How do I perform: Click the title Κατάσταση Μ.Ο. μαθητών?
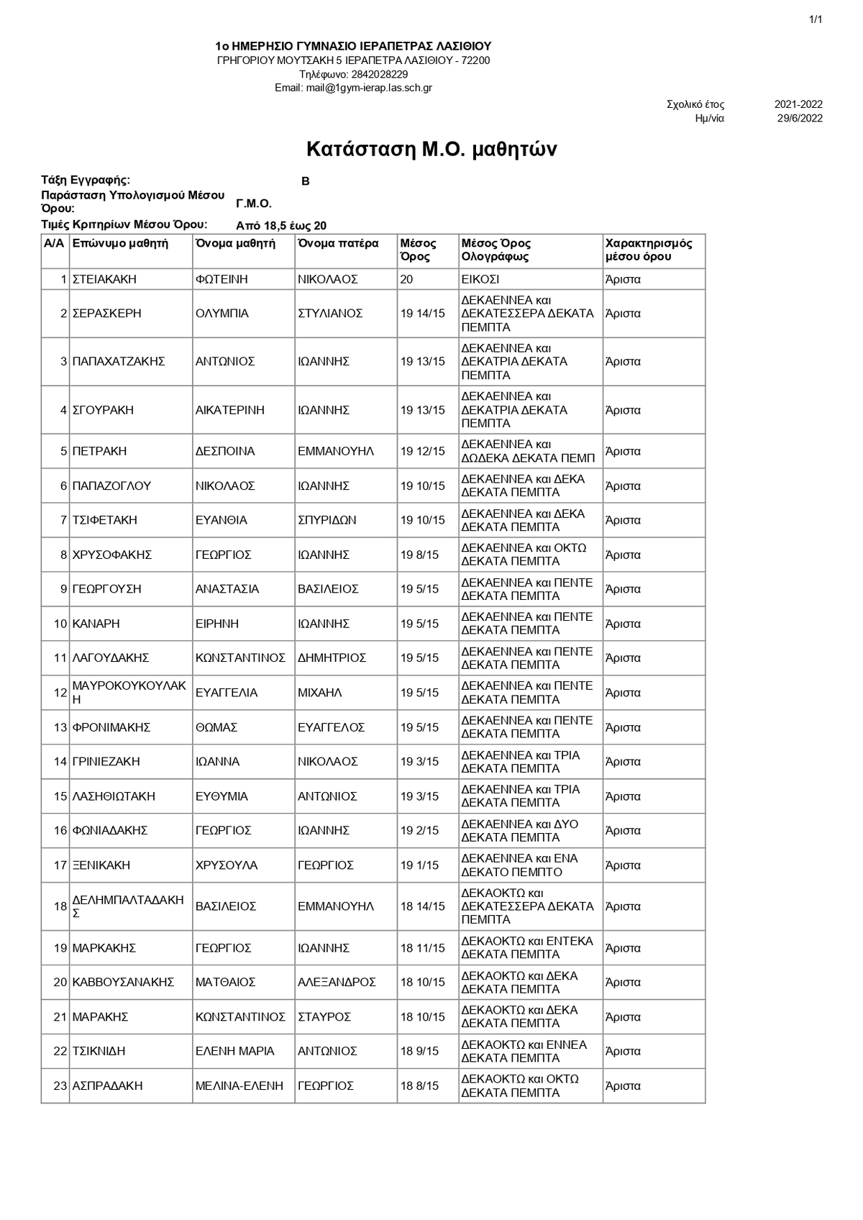(x=431, y=150)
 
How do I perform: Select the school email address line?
(x=353, y=88)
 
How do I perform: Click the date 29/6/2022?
(x=800, y=119)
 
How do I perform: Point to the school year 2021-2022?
(x=798, y=104)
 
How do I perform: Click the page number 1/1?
(x=816, y=19)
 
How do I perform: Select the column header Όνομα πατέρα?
(x=338, y=243)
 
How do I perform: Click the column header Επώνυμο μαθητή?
(x=120, y=243)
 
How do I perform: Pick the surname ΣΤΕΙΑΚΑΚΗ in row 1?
(x=104, y=279)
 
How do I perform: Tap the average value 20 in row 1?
(x=407, y=279)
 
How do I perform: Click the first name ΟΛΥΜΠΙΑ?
(x=222, y=314)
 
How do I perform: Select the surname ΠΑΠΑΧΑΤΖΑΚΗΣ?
(x=119, y=362)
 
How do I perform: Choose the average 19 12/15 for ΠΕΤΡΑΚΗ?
(x=423, y=451)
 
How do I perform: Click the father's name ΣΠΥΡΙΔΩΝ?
(x=327, y=520)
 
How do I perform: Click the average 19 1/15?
(x=420, y=865)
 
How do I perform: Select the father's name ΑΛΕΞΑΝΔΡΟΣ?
(x=337, y=983)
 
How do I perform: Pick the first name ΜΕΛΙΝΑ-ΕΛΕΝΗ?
(x=239, y=1086)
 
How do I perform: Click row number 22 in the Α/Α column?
(x=60, y=1052)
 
